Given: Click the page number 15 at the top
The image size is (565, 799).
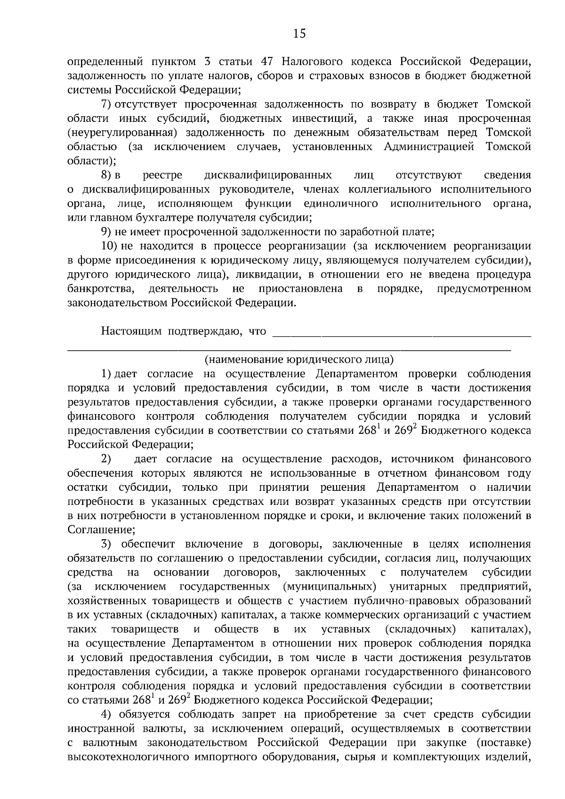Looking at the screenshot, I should coord(299,33).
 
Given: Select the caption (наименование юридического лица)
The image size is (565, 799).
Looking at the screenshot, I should coord(299,360).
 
